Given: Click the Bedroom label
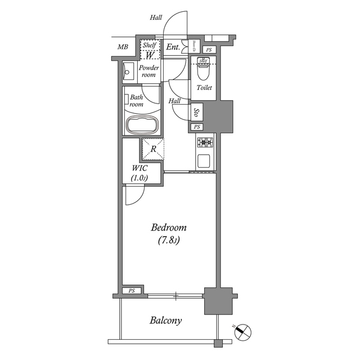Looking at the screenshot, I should click(x=169, y=228).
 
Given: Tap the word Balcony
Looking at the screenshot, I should click(x=165, y=321).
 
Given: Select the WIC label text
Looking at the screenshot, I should click(x=140, y=168).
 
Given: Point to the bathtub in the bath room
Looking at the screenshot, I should click(x=143, y=125).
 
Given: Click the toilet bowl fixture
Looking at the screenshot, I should click(x=204, y=71).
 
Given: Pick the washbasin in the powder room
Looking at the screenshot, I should click(x=127, y=71).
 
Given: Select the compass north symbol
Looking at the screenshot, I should click(x=243, y=332).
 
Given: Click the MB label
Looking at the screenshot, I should click(x=123, y=47).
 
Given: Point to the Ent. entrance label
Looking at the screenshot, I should click(x=173, y=47).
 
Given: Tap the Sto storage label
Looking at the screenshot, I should click(x=196, y=112).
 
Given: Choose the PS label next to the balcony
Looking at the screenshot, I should click(x=132, y=291).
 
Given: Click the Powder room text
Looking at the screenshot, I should click(x=149, y=71).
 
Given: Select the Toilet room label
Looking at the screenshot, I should click(x=204, y=88).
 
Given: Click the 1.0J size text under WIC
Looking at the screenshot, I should click(x=140, y=178).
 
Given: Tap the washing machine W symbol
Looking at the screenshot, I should click(x=150, y=55).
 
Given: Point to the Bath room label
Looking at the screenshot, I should click(x=137, y=100).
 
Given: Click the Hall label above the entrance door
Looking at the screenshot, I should click(x=156, y=17).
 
